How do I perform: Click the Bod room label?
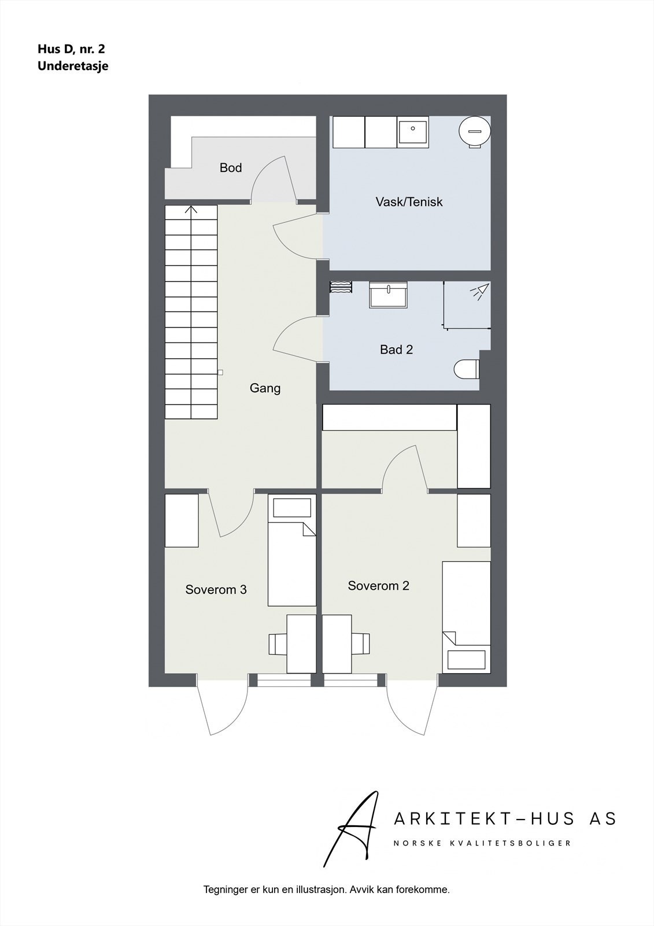(x=230, y=168)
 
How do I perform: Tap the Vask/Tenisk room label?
(x=409, y=202)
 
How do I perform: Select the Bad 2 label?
(x=396, y=350)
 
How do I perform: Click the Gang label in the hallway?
(x=265, y=388)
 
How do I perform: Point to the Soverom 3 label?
(x=216, y=590)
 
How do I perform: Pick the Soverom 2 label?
(x=378, y=586)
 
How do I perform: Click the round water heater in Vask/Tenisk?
(x=474, y=131)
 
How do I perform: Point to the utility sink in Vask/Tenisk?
(x=413, y=132)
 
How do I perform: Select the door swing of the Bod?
(x=272, y=179)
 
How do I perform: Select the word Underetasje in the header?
(x=73, y=66)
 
